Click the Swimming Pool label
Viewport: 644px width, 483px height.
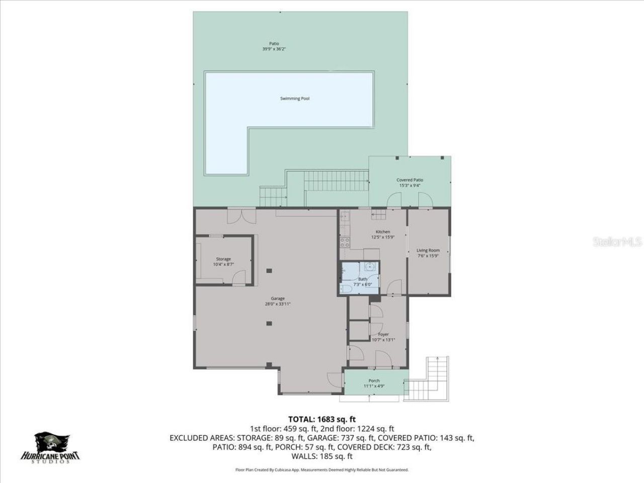(294, 99)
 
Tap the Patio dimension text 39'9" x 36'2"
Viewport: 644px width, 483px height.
(274, 49)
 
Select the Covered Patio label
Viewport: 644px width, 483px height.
(410, 180)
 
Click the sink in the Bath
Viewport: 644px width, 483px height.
(371, 267)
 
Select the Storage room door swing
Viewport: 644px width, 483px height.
(240, 276)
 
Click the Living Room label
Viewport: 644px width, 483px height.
(428, 250)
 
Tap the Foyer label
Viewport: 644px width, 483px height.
(383, 334)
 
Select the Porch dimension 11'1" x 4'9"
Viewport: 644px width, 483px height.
(374, 386)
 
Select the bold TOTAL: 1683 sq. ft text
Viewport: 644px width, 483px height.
(322, 419)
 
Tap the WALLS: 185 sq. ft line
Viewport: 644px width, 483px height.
(322, 456)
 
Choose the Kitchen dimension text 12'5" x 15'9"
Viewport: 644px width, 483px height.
(382, 237)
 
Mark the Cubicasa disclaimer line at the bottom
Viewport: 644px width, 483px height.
(322, 470)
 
